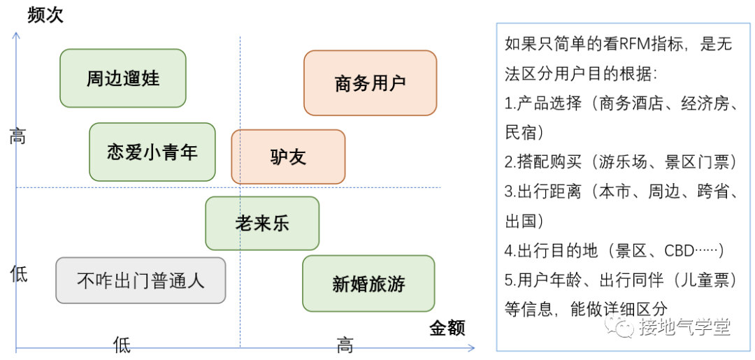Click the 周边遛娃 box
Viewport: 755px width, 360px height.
click(x=123, y=78)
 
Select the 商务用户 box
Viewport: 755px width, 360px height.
click(x=370, y=82)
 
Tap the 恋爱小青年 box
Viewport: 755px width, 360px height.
click(x=152, y=152)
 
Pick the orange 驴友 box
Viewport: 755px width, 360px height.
click(x=288, y=157)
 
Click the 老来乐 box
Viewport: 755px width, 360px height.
click(x=262, y=223)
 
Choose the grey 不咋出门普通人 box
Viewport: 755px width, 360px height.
click(x=141, y=280)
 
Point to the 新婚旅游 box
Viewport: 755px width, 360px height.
click(x=368, y=284)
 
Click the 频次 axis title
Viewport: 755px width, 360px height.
click(x=45, y=15)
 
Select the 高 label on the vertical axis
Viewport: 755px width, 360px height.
click(x=17, y=137)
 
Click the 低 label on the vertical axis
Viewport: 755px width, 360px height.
click(x=19, y=274)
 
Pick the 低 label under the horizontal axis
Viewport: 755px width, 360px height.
click(x=122, y=345)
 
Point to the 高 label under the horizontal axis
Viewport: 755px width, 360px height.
click(x=345, y=345)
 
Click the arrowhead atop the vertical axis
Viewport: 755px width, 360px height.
click(x=16, y=35)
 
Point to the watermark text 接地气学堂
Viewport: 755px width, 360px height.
click(x=684, y=328)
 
